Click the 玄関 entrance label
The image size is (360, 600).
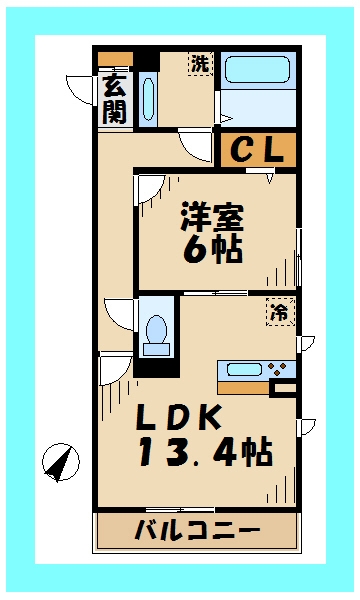[x=114, y=99]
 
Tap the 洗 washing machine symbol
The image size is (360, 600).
[x=201, y=63]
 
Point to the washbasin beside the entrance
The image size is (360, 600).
[x=149, y=99]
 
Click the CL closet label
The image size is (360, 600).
[x=258, y=149]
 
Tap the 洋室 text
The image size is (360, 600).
[x=212, y=214]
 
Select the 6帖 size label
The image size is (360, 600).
[x=212, y=249]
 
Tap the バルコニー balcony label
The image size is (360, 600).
[x=197, y=530]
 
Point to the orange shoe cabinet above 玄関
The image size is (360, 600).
[x=114, y=58]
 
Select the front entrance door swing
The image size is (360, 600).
[x=81, y=90]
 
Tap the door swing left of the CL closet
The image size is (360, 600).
[x=197, y=146]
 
